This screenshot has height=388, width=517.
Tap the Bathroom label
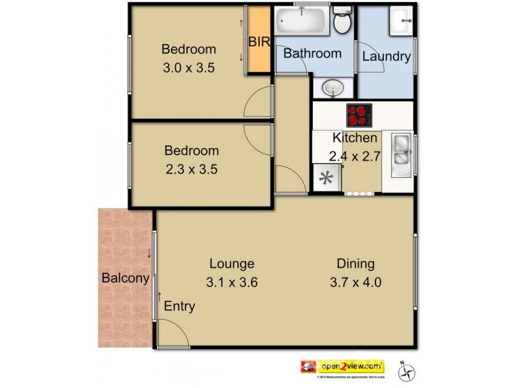point(312,54)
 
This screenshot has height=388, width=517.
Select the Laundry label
point(386,57)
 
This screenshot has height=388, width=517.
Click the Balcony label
point(125,279)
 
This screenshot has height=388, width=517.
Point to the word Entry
point(179,307)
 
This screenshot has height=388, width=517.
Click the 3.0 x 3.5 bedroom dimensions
point(188,68)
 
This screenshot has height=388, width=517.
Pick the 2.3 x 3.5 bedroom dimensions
point(191,170)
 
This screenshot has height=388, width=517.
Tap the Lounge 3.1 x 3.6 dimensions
point(231,282)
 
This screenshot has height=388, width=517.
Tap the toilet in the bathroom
point(343,22)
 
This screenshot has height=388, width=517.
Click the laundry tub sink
point(401,22)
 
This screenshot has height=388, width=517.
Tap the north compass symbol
point(408,371)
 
